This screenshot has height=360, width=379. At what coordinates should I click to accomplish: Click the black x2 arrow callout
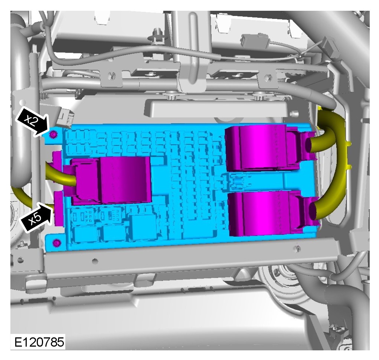tap(32, 121)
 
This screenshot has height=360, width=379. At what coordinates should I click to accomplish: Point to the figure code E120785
tap(39, 342)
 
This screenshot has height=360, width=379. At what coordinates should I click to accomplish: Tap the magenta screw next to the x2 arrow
tap(53, 134)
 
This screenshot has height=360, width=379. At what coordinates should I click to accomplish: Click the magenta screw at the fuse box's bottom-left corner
tap(57, 243)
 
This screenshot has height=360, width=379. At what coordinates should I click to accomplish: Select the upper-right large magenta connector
tap(268, 148)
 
